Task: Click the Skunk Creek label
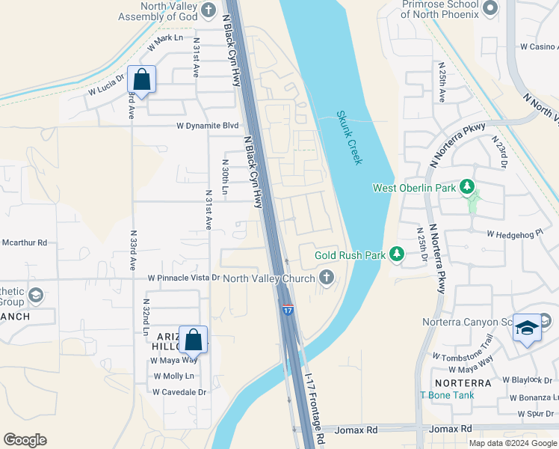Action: click(x=349, y=138)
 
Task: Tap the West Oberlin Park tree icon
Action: click(x=467, y=186)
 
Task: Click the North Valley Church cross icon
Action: click(x=326, y=278)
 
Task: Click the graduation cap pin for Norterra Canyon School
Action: click(x=527, y=328)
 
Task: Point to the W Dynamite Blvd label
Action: click(x=207, y=126)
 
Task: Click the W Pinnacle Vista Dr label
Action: click(x=184, y=278)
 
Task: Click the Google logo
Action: click(x=25, y=440)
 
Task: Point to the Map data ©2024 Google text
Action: click(x=513, y=443)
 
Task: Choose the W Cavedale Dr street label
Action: click(x=179, y=391)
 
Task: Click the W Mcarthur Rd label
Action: click(x=24, y=242)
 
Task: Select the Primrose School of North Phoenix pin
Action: click(x=490, y=8)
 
